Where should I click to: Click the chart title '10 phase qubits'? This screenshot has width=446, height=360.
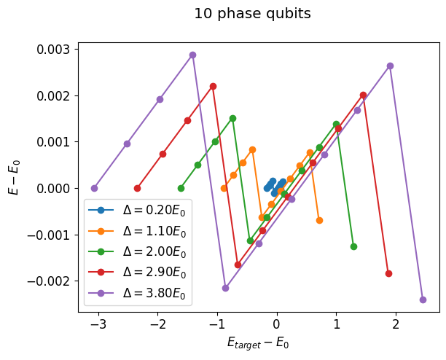click(252, 14)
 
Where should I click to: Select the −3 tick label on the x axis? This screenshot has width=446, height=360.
click(95, 324)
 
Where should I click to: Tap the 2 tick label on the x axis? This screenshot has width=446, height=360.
click(396, 324)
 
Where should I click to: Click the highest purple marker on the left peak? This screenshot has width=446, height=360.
click(192, 55)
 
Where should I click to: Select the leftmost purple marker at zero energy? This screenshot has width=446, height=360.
click(94, 188)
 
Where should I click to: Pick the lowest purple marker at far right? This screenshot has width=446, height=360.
click(423, 300)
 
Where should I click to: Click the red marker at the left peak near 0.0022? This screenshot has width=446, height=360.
click(213, 86)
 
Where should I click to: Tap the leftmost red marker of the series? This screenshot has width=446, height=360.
click(137, 188)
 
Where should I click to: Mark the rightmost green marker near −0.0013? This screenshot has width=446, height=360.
click(353, 246)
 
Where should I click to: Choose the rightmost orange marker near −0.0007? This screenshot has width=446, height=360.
click(319, 220)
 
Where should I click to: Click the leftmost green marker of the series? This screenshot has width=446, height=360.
click(181, 188)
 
